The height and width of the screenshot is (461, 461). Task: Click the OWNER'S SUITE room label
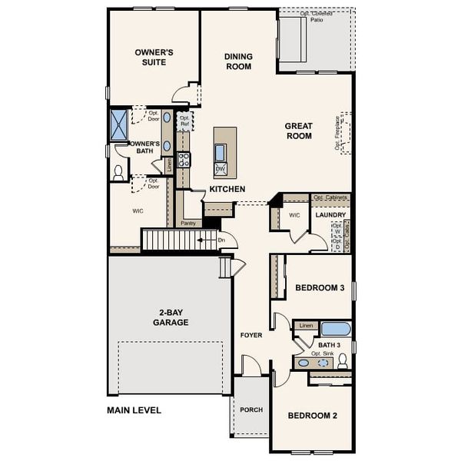[x=154, y=58]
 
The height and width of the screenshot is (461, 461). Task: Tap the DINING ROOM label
[x=238, y=61]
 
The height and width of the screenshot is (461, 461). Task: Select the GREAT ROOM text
[x=298, y=131]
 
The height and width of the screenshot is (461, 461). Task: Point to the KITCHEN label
[x=227, y=189]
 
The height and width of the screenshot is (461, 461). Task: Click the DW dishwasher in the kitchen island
[x=220, y=168]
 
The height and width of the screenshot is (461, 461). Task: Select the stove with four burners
[x=184, y=160]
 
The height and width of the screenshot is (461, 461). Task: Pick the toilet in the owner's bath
[x=119, y=171]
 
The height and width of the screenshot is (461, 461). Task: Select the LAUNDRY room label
[x=331, y=214]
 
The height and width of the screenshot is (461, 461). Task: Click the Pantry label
[x=189, y=224]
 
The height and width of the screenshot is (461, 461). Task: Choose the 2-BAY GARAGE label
[x=170, y=317]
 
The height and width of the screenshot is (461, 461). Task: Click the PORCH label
[x=251, y=410]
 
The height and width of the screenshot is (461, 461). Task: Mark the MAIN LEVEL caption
[x=134, y=410]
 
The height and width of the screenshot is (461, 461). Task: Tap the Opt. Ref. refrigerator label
[x=184, y=121]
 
